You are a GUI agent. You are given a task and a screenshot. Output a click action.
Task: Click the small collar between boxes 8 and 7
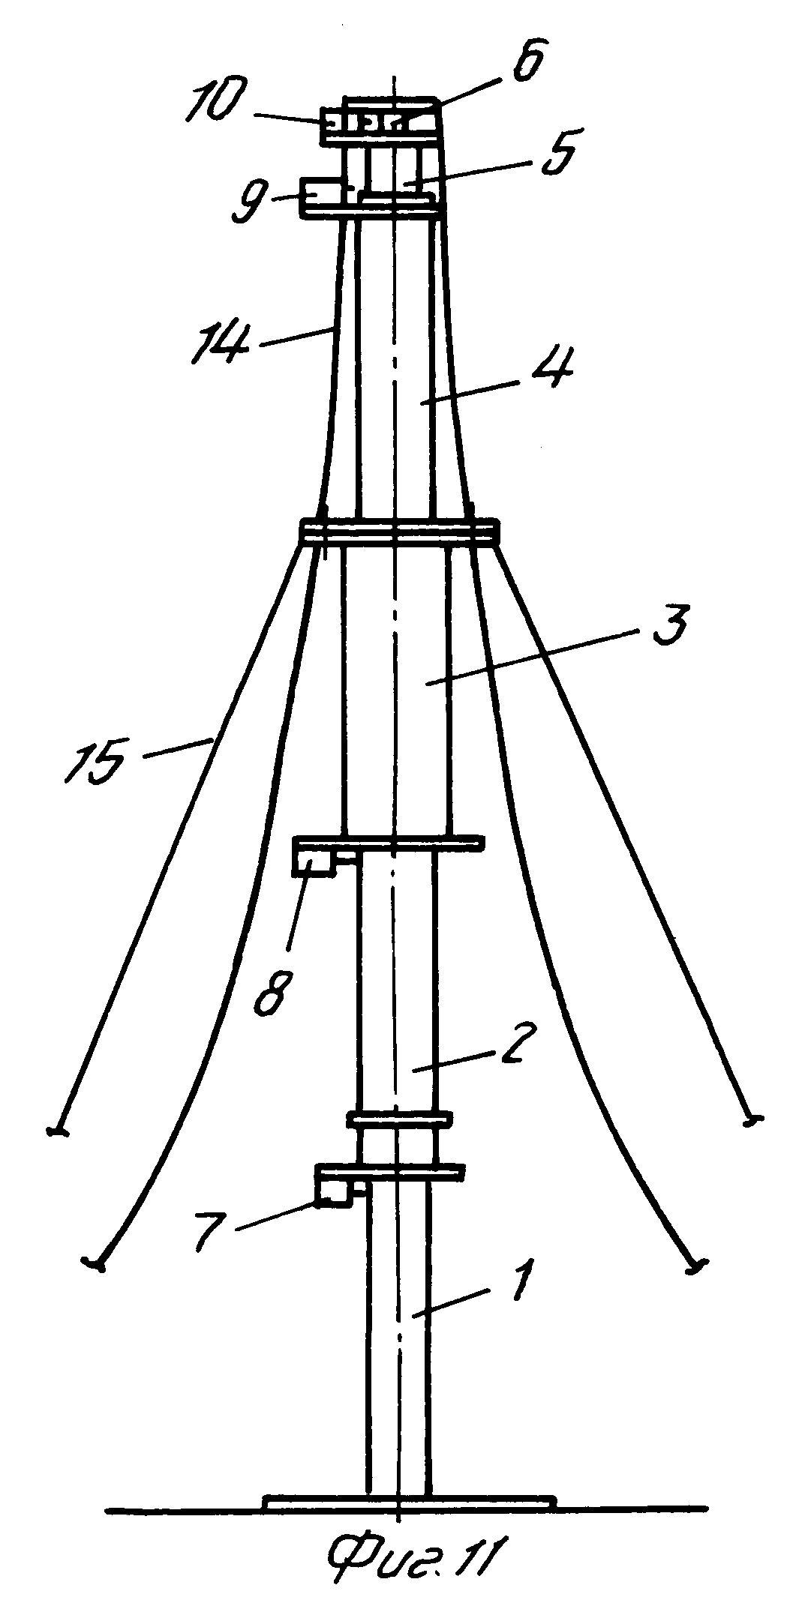click(x=399, y=1119)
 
